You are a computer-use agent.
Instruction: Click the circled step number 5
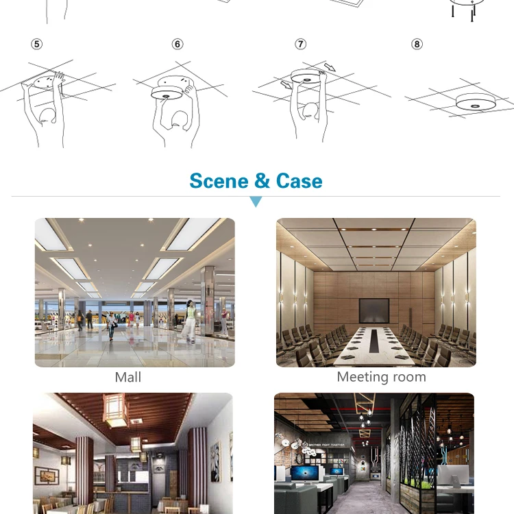pyautogui.click(x=37, y=44)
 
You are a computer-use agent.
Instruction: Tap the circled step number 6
pyautogui.click(x=178, y=44)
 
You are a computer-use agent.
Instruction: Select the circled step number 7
pyautogui.click(x=301, y=44)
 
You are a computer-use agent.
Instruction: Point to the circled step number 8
pyautogui.click(x=417, y=44)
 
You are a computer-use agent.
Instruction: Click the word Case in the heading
pyautogui.click(x=299, y=181)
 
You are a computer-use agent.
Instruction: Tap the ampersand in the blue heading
pyautogui.click(x=262, y=181)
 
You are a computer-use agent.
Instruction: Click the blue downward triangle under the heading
pyautogui.click(x=256, y=201)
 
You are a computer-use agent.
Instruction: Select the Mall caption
pyautogui.click(x=128, y=377)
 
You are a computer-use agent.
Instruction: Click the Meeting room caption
pyautogui.click(x=382, y=377)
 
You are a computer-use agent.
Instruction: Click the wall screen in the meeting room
pyautogui.click(x=374, y=310)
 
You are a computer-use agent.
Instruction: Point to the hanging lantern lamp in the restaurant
pyautogui.click(x=113, y=410)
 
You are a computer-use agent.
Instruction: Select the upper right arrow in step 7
pyautogui.click(x=330, y=67)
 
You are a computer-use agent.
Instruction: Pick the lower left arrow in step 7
pyautogui.click(x=286, y=85)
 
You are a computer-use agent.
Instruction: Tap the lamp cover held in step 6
pyautogui.click(x=167, y=93)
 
